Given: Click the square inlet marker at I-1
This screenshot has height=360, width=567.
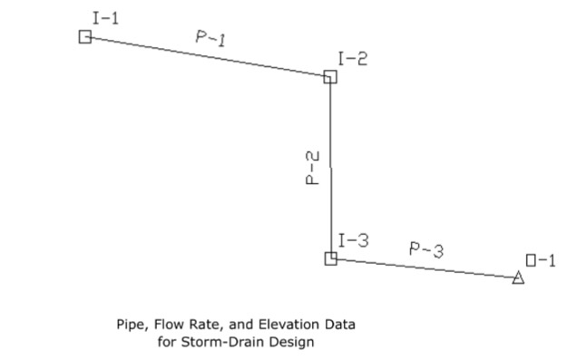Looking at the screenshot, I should click(x=84, y=36).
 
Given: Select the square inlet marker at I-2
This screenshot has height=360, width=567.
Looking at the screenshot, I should click(x=330, y=77).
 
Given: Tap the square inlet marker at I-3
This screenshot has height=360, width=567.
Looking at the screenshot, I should click(x=331, y=258).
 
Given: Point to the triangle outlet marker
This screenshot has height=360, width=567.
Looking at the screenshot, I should click(x=518, y=277).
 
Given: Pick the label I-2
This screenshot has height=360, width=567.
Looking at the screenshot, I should click(x=353, y=59).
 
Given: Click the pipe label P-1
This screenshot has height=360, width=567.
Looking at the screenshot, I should click(x=210, y=38).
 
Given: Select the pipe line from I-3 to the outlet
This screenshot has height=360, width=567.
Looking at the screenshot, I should click(x=425, y=268).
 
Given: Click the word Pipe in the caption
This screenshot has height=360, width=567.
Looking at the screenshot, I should click(x=130, y=324).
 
